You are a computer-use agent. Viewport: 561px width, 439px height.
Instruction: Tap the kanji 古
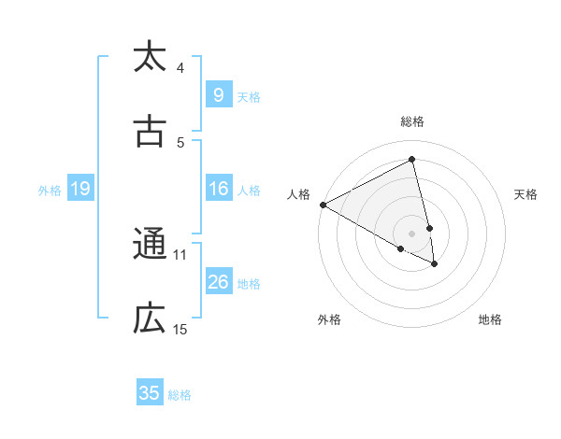click(x=150, y=131)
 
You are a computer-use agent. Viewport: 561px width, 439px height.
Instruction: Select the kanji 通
click(x=150, y=245)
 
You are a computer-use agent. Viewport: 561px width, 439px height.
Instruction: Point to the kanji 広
click(x=150, y=319)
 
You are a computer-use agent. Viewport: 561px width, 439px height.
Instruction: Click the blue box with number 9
click(x=218, y=94)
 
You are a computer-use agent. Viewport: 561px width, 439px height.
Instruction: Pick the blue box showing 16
click(x=218, y=189)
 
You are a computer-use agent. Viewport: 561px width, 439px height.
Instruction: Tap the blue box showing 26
click(x=218, y=281)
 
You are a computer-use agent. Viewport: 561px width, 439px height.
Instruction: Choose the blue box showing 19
click(x=79, y=189)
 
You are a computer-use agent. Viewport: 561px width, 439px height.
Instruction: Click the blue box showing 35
click(x=150, y=393)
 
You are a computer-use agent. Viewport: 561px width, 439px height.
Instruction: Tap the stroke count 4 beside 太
click(x=180, y=67)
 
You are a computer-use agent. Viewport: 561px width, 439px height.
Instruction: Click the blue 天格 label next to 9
click(x=249, y=96)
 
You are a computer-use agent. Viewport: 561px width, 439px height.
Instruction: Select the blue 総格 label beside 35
click(x=180, y=395)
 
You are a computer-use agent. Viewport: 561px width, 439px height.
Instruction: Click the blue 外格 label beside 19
click(x=50, y=191)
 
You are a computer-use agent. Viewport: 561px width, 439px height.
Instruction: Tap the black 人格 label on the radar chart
click(x=299, y=194)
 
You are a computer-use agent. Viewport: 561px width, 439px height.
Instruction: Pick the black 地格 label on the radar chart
click(x=490, y=320)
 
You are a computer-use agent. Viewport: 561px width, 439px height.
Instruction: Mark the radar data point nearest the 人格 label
click(x=323, y=205)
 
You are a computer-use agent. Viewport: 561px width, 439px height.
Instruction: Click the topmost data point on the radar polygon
click(x=411, y=160)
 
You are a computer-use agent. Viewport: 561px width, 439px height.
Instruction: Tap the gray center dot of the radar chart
click(x=411, y=233)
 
